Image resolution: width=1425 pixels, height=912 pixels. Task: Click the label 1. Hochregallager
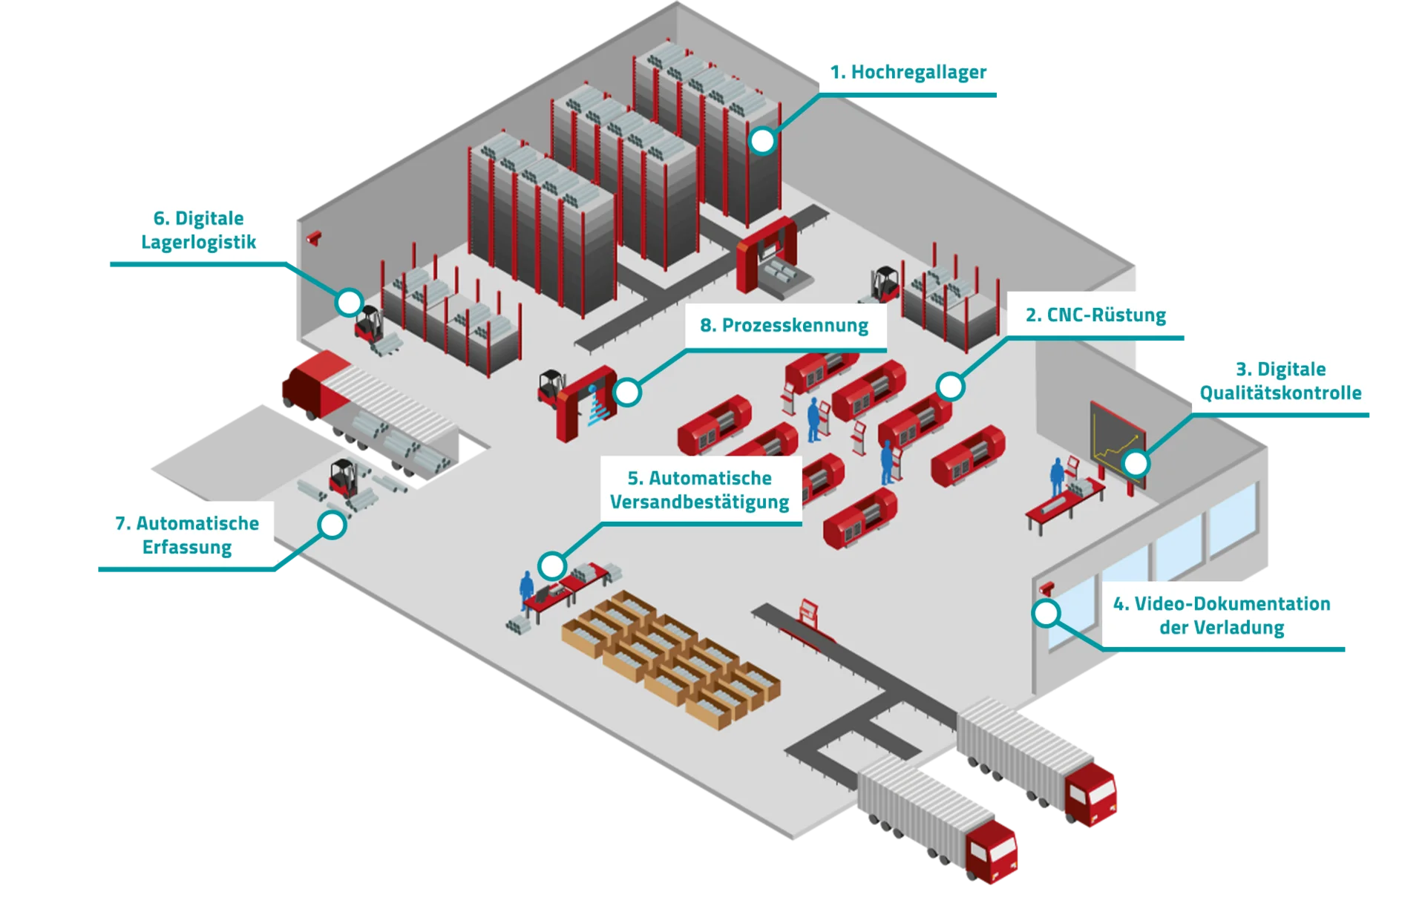(x=908, y=72)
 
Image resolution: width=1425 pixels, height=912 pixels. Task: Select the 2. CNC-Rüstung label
(x=1095, y=315)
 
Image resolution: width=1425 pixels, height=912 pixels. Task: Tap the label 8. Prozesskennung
(x=784, y=325)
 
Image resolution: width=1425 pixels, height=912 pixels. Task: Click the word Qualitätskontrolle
(x=1280, y=393)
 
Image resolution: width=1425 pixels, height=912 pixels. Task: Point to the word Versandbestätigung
(x=699, y=502)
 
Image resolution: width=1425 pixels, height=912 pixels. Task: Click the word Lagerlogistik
(x=198, y=242)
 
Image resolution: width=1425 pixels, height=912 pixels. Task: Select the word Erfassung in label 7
(x=187, y=547)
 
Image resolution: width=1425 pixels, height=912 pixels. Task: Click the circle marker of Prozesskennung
(x=627, y=393)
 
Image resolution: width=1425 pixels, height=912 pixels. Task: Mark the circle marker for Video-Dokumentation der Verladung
(x=1046, y=613)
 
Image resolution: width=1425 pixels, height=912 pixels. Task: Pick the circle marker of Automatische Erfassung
(x=332, y=525)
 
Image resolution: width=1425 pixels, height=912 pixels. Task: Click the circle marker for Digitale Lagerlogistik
(x=348, y=302)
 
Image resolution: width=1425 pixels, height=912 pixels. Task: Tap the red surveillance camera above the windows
(x=1047, y=588)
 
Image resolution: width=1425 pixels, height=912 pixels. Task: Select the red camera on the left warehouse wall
(x=315, y=237)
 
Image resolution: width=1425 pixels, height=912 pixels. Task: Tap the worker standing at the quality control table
(x=1056, y=476)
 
